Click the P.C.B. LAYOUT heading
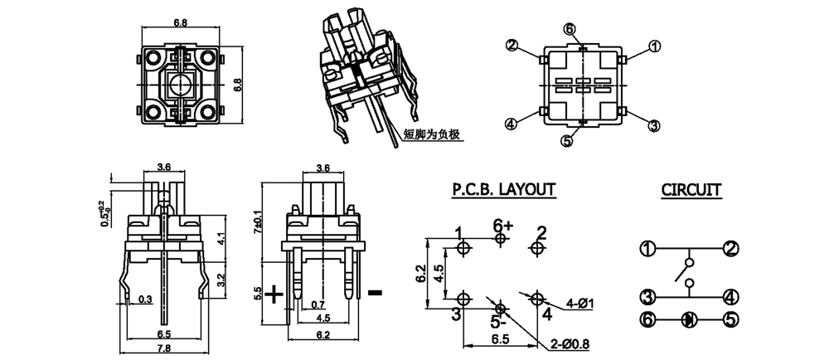pos(503,190)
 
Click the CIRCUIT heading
pos(691,190)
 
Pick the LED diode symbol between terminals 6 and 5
pos(688,318)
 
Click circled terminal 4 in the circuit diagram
pos(730,294)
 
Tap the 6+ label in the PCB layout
pos(502,225)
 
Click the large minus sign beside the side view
pos(375,292)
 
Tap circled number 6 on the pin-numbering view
pos(570,30)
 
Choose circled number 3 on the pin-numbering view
pos(654,125)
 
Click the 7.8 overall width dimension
pos(164,348)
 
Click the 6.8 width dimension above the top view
pos(180,23)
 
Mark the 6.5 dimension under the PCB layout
pos(502,339)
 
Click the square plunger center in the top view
pos(179,83)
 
